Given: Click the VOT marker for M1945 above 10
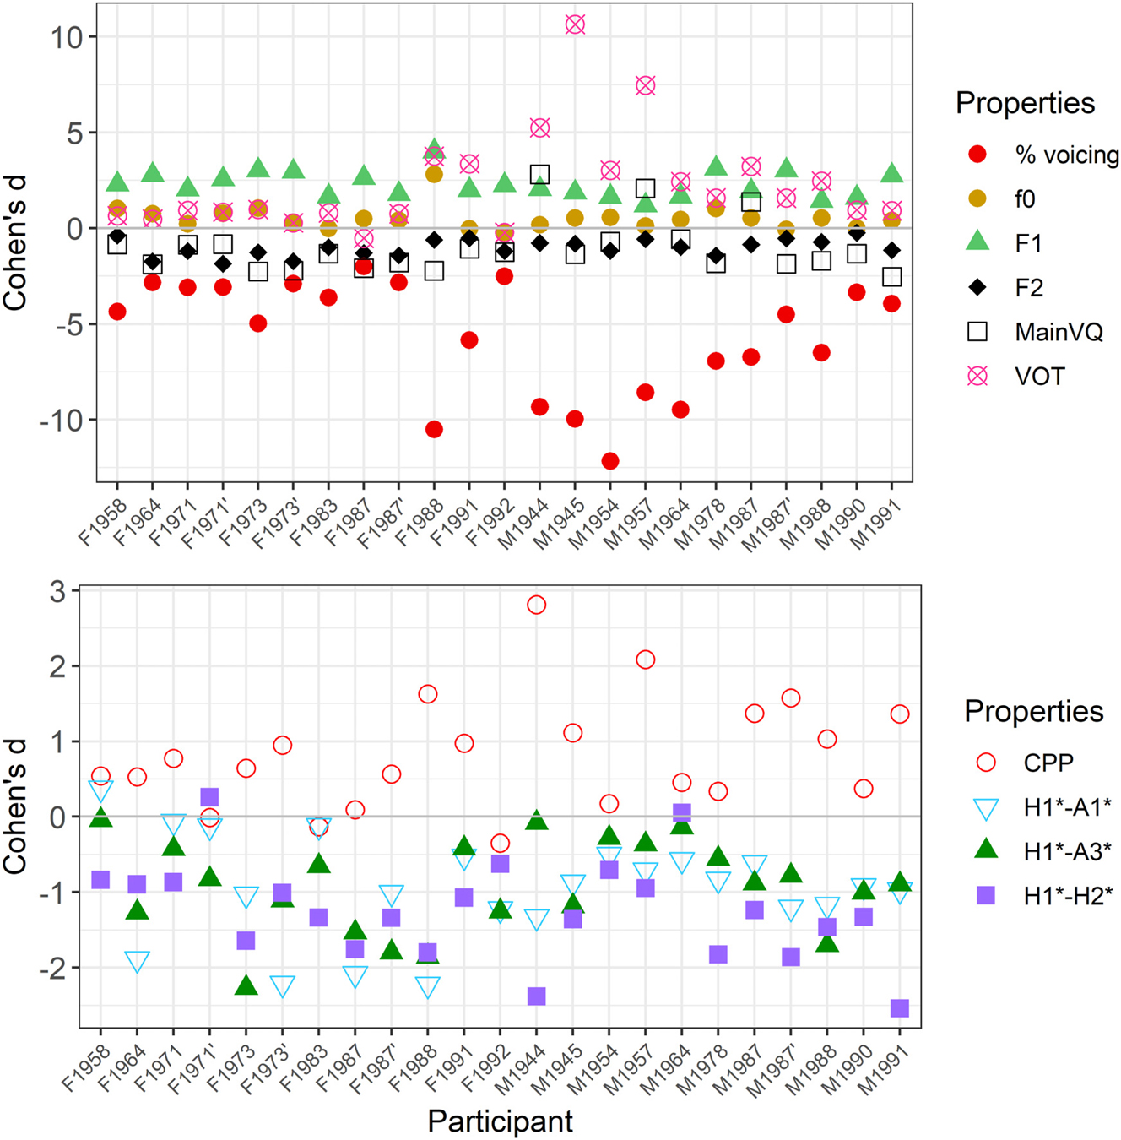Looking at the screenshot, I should point(575,24).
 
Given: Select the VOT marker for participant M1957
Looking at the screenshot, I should point(646,85).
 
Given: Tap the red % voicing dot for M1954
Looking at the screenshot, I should point(610,461).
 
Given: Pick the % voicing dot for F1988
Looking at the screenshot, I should point(434,430).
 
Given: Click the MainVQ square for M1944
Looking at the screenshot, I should point(540,175).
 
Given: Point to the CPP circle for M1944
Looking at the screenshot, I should point(536,605).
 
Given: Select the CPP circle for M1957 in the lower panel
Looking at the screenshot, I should point(646,660).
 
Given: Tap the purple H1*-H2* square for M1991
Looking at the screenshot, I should point(900,1008).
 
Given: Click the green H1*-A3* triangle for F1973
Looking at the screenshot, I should point(246,985).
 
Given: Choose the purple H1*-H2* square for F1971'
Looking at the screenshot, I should point(210,797).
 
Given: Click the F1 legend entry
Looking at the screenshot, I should point(1028,243).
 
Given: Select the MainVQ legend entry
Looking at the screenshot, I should point(1059,332).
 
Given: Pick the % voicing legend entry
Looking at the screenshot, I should point(1066,155).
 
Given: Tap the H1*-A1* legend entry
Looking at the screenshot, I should point(1067,807).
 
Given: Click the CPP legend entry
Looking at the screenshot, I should point(1048,763).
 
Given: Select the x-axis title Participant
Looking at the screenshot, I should point(500,1121).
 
